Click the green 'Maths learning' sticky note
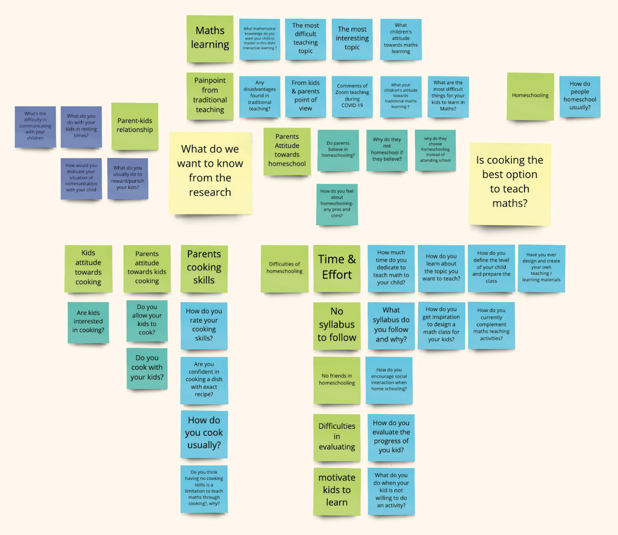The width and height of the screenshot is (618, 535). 210,38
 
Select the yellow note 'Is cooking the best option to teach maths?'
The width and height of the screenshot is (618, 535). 510,183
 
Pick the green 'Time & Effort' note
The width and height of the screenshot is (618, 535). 337,268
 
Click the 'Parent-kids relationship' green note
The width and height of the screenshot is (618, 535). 135,126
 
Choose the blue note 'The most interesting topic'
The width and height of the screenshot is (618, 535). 352,39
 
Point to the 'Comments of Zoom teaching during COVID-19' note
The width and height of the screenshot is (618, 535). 352,96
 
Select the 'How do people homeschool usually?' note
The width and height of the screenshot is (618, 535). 580,96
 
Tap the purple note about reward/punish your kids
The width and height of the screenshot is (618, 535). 128,178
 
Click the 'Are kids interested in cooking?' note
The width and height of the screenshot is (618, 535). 88,322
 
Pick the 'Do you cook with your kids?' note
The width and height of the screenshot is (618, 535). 147,368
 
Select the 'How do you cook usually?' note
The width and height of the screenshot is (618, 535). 204,433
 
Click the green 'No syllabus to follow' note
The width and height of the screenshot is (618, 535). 337,325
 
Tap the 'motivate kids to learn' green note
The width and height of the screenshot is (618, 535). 337,491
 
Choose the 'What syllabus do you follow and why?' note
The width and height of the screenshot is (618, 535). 391,325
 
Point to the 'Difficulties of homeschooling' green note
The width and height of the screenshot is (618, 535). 284,268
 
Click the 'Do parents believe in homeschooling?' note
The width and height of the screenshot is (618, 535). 338,150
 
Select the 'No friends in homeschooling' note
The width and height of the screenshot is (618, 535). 337,380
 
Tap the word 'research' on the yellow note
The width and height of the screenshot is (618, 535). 210,192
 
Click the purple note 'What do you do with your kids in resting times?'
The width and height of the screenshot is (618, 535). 81,127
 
